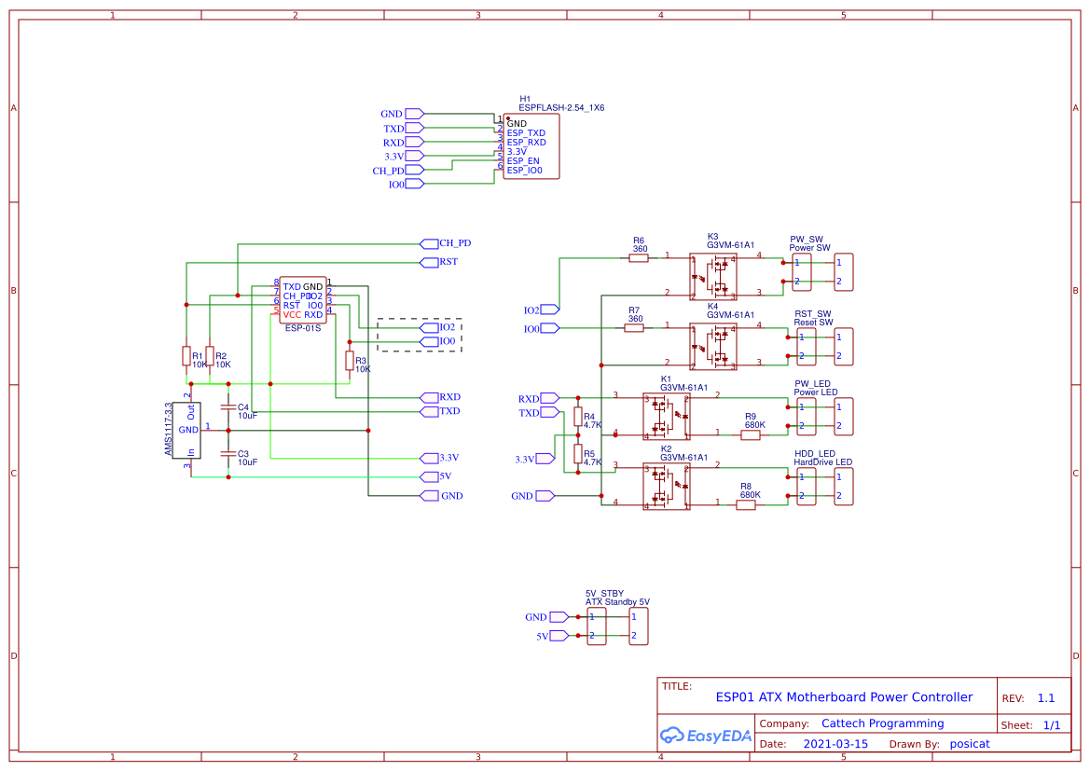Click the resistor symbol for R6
pos(639,258)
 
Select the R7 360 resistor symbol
pos(634,328)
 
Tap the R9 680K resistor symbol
pos(751,434)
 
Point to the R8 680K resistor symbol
pos(746,505)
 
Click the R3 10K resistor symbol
pos(350,361)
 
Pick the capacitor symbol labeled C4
pos(228,407)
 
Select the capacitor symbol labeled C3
pos(228,453)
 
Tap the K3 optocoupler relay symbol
pos(713,276)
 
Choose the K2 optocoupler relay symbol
pos(666,487)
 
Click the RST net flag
pos(430,262)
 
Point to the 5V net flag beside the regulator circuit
pos(430,476)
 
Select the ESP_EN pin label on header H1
pos(523,161)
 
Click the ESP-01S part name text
pos(302,328)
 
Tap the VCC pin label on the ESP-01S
pos(292,315)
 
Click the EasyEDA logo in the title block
pos(705,736)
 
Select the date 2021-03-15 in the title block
pos(835,744)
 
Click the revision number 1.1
pos(1046,698)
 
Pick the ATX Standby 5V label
pos(617,602)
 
